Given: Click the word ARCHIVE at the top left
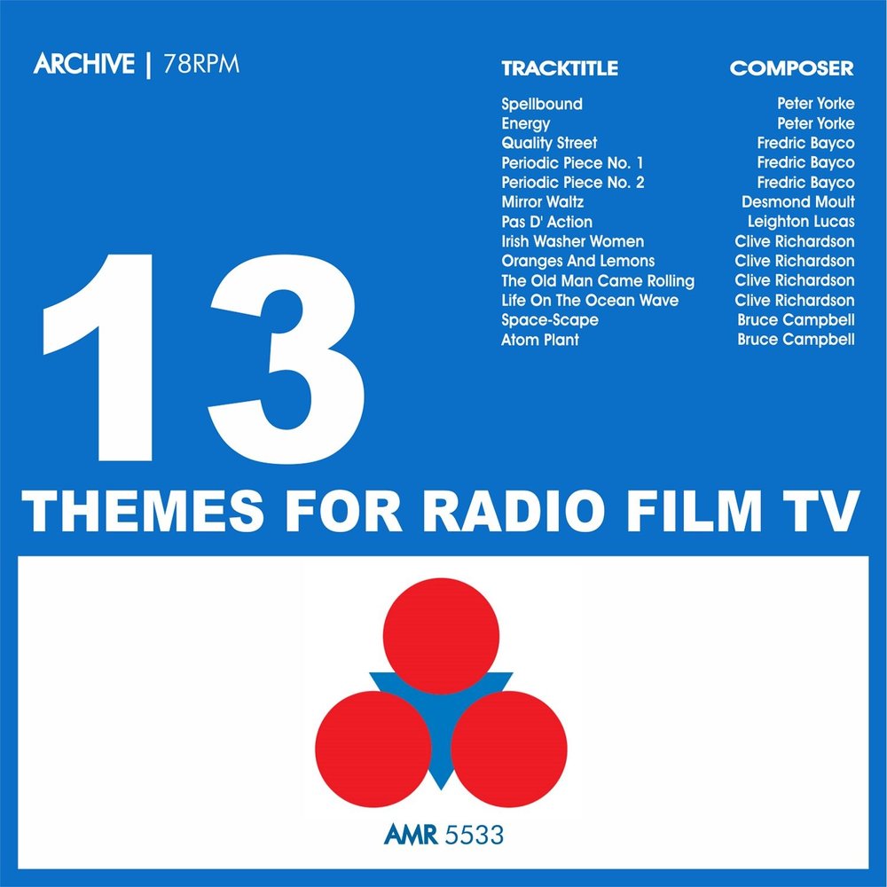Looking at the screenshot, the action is click(x=84, y=63).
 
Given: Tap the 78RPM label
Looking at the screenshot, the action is click(x=201, y=64).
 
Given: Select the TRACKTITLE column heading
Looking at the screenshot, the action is click(x=560, y=68).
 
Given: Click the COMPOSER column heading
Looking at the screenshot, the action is click(x=791, y=68).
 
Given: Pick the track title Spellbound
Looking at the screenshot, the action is click(x=541, y=104).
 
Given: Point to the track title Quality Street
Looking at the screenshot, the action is click(x=549, y=143).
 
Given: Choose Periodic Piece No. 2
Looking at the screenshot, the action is click(x=572, y=182).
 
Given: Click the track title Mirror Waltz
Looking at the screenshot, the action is click(x=542, y=202).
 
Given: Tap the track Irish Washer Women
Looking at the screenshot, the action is click(x=572, y=241).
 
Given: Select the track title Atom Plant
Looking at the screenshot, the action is click(x=539, y=340).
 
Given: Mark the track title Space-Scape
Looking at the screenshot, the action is click(x=549, y=320).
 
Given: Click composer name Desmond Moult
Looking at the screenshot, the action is click(x=797, y=202).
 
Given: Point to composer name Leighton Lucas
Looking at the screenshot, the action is click(x=800, y=222).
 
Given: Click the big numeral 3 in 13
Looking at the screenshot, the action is click(x=287, y=359).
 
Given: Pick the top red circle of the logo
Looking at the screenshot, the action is click(x=441, y=636).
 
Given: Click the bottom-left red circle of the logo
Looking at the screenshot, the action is click(x=373, y=749).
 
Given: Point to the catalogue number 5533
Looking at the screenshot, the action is click(x=474, y=835).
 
